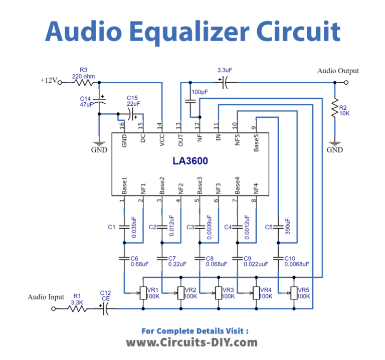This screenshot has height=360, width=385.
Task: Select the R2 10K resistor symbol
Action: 334,110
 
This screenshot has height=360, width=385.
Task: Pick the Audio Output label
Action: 338,71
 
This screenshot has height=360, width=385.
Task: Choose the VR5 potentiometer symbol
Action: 293,292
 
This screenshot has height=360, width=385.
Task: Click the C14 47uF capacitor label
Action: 86,101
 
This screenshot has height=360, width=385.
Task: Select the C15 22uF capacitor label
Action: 133,100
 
